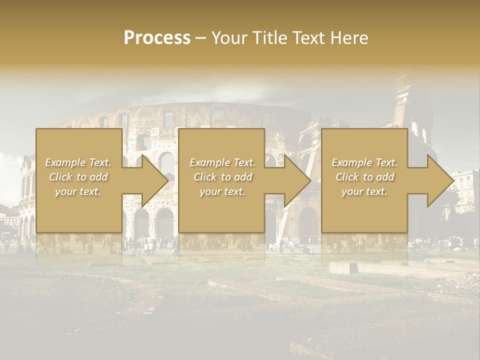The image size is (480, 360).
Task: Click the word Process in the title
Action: point(157,38)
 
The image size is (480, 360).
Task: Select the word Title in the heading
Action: point(268,38)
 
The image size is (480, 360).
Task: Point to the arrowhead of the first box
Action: point(155,180)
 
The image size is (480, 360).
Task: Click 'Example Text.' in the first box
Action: point(78,162)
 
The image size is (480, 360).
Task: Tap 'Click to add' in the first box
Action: point(78,177)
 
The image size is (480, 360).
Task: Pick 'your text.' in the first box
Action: point(78,191)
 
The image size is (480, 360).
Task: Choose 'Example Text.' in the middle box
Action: point(222,162)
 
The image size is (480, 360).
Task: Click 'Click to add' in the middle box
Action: point(222,177)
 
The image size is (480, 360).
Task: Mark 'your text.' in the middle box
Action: point(222,191)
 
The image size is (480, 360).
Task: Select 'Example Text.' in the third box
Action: point(364,162)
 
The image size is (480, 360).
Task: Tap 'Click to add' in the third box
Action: point(364,177)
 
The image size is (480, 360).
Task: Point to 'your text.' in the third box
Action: point(364,191)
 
